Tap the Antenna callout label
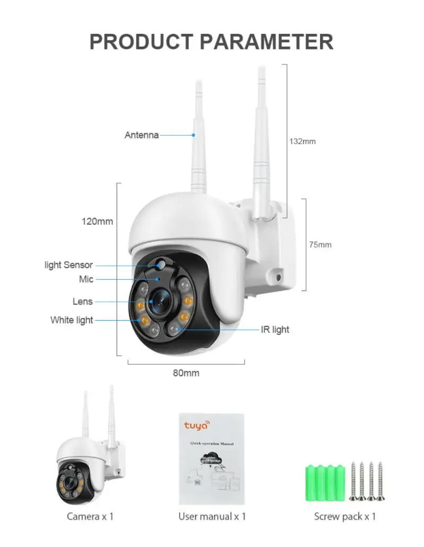[x=142, y=135]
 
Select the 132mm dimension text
[x=302, y=142]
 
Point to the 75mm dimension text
[x=320, y=245]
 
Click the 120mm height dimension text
[x=97, y=222]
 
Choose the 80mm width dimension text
[x=186, y=373]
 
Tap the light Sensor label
[x=68, y=265]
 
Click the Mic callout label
[x=86, y=279]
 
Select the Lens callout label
[x=83, y=302]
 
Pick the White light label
[x=72, y=320]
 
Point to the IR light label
[x=275, y=330]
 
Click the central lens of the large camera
[x=161, y=301]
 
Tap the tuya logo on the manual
[x=197, y=425]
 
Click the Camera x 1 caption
[x=90, y=516]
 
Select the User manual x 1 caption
[x=212, y=516]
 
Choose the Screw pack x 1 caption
[x=344, y=516]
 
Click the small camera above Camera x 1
[x=87, y=461]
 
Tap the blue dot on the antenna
[x=193, y=135]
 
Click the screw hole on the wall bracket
[x=277, y=277]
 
